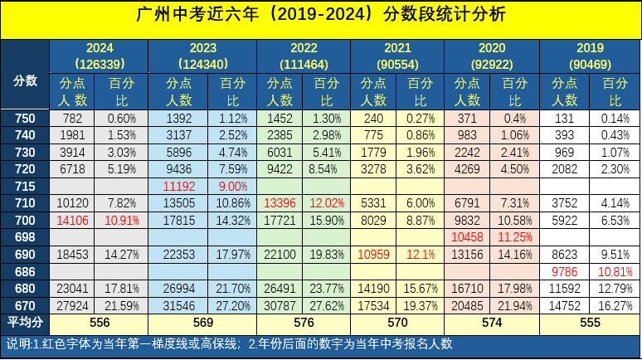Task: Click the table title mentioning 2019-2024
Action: coord(319,16)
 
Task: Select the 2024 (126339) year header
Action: coord(99,56)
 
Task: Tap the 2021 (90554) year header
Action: coord(397,56)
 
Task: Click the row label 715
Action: coord(25,187)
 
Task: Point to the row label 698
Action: coord(25,237)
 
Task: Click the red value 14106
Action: coord(72,221)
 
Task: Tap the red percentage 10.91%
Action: coord(121,221)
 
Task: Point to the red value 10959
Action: coord(373,255)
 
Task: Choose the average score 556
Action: coord(99,322)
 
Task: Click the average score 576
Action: coord(304,322)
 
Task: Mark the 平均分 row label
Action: coord(25,322)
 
